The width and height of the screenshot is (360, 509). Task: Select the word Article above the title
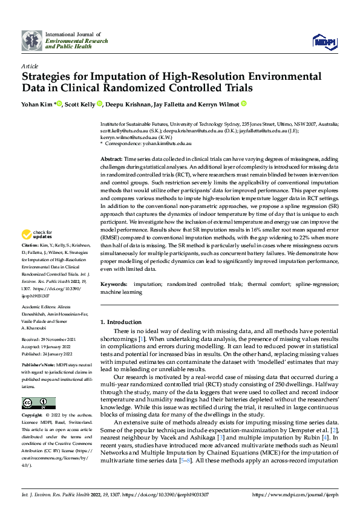30,66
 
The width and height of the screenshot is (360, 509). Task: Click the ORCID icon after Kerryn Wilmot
243,104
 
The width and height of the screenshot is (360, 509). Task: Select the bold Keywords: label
113,284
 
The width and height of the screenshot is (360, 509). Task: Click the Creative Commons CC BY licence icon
38,403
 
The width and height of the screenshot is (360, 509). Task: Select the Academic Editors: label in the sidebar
39,308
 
